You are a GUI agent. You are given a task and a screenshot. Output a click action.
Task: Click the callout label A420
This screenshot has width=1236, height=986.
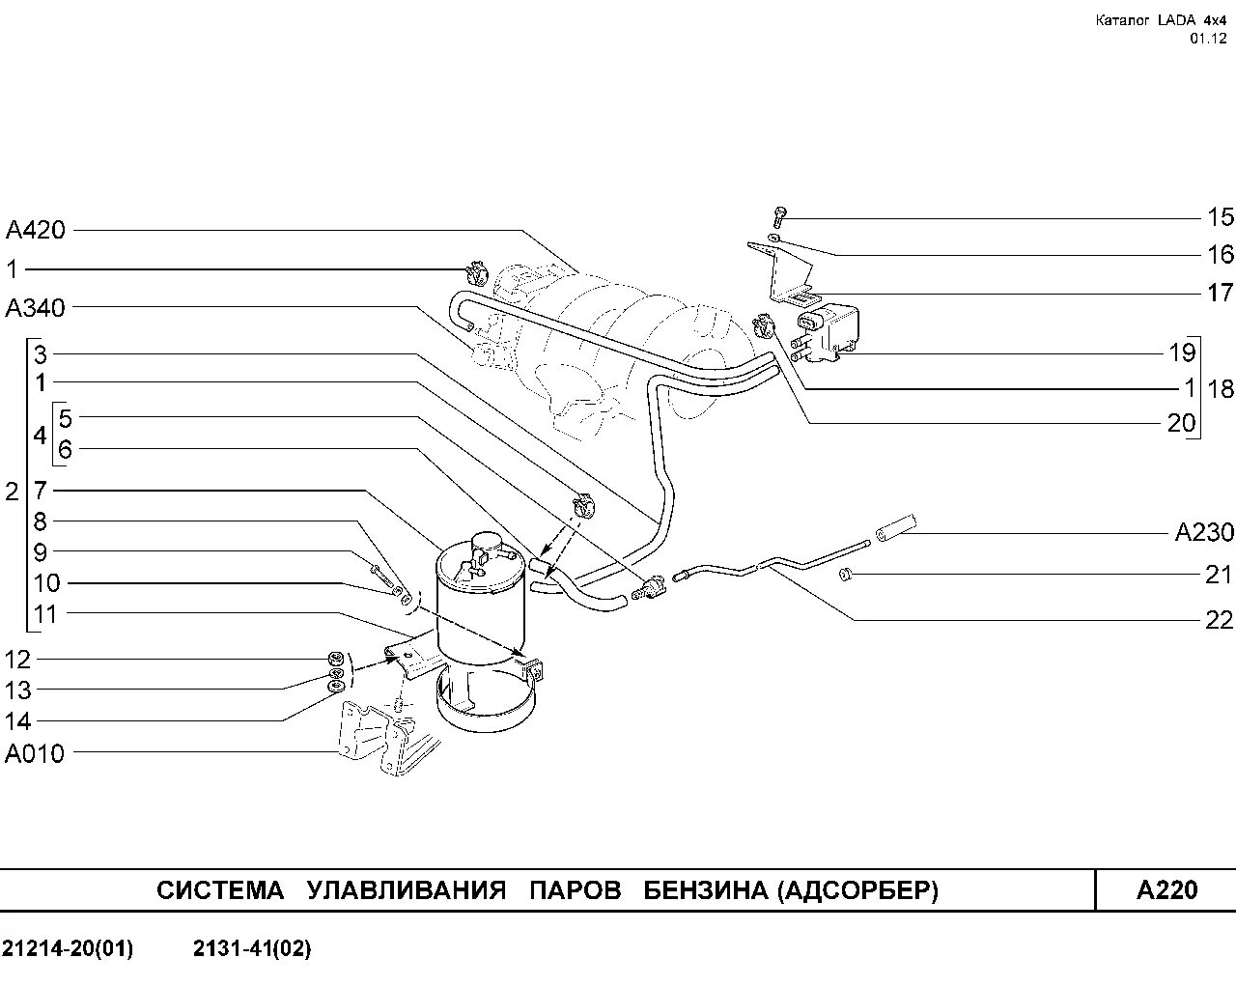36,230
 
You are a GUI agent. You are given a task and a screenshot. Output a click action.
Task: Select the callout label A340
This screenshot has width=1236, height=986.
36,308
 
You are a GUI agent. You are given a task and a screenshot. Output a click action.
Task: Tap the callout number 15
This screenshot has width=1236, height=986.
1221,217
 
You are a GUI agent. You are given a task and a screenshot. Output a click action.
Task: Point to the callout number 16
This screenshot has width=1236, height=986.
1221,254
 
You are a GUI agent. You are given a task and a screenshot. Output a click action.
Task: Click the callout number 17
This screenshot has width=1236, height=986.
1221,292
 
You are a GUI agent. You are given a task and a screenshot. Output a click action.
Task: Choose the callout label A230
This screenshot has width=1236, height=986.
1204,532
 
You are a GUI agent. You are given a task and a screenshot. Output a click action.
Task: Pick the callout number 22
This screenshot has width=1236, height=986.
1220,619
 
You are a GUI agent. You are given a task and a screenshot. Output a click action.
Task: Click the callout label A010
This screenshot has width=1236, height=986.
35,753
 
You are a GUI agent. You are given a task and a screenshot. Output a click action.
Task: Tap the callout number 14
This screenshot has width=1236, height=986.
17,721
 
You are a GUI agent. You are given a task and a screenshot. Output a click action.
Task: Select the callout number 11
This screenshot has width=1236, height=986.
45,614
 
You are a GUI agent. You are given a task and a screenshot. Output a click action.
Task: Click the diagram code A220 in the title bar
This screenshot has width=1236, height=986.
1166,889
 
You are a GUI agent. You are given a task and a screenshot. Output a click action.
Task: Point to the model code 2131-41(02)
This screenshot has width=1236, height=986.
252,949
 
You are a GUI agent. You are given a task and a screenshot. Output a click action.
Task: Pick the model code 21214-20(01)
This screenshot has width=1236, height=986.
68,949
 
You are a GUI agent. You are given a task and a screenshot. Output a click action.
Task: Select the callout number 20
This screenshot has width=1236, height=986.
1181,422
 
